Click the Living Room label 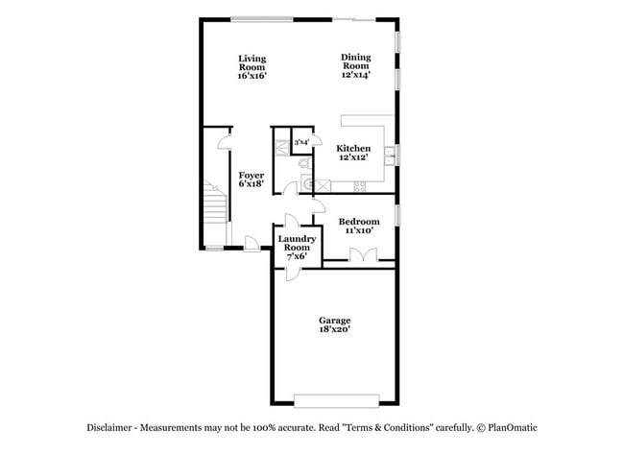pos(252,67)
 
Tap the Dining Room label pos(355,65)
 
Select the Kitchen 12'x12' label pos(353,153)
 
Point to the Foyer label pos(252,179)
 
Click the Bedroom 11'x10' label pos(358,226)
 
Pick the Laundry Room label pos(297,248)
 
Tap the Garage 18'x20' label pos(335,324)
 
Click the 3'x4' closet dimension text pos(301,142)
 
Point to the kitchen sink pos(390,151)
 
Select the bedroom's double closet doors pos(363,255)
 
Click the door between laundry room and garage pos(285,269)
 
